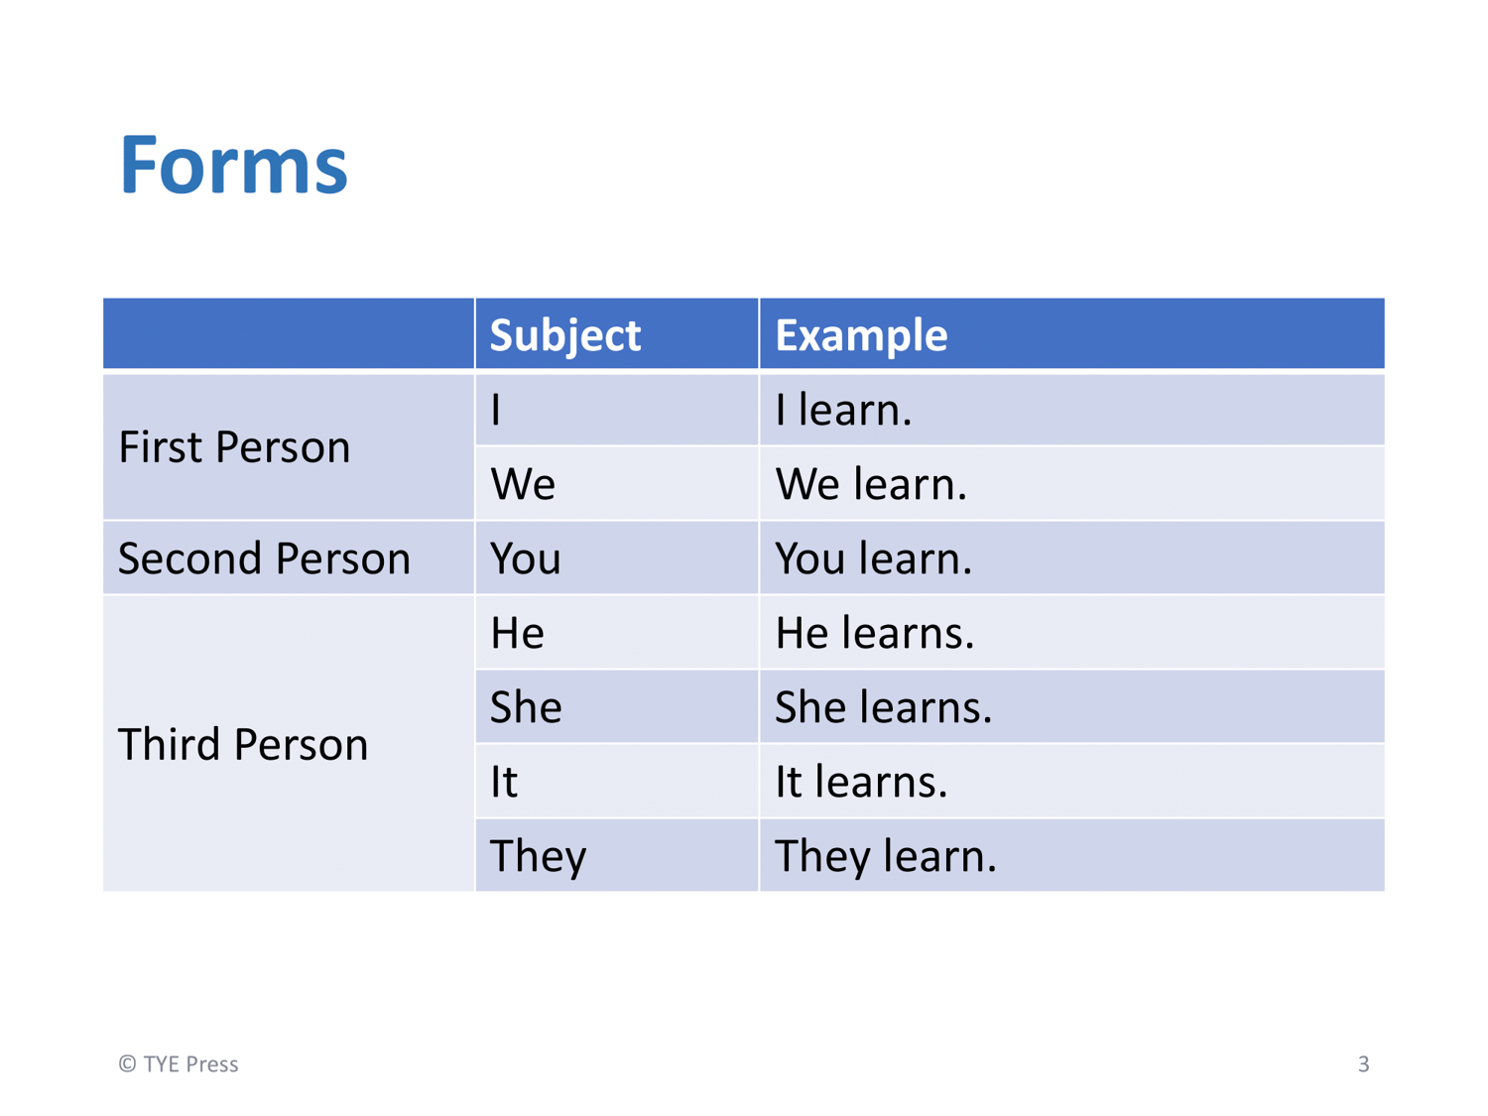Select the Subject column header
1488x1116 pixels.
564,335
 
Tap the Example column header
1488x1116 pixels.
861,335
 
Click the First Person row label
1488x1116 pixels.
234,447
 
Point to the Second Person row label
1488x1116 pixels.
265,558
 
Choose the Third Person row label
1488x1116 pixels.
243,744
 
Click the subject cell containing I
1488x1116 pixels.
496,410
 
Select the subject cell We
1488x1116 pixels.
523,484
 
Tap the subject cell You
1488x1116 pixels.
526,558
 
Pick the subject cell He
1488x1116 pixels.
517,633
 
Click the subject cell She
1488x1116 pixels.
526,706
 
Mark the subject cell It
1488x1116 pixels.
504,782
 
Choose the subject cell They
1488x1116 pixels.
539,857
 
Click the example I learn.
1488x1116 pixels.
844,410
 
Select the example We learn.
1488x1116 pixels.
871,484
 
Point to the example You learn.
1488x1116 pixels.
874,558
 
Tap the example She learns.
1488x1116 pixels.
883,706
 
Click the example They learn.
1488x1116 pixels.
886,857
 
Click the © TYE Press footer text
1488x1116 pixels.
179,1063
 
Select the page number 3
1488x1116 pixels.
1363,1063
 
